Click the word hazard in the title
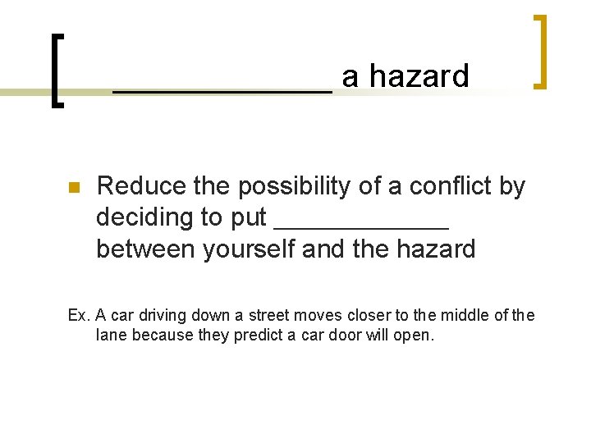click(419, 76)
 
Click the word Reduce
click(131, 187)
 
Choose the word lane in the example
click(110, 335)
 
